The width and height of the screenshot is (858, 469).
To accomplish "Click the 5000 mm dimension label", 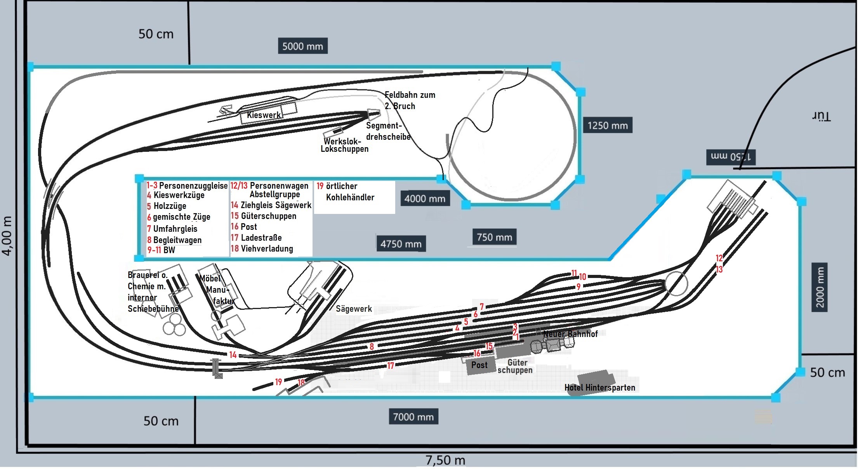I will (x=302, y=46).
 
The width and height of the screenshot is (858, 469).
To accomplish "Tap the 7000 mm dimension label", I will (x=413, y=417).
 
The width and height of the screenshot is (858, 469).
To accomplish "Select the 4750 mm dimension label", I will (x=401, y=244).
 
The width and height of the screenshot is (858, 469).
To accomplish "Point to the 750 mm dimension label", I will (x=494, y=237).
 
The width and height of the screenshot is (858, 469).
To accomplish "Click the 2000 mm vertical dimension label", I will (x=820, y=287).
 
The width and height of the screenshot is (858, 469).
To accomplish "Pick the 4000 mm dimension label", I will (x=425, y=198).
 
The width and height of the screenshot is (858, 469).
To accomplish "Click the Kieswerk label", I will (x=264, y=115).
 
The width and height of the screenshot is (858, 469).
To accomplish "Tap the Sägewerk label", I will (x=354, y=309).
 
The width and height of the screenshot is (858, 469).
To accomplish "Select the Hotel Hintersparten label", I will (x=599, y=387).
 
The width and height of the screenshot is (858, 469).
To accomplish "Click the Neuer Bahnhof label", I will (x=570, y=334).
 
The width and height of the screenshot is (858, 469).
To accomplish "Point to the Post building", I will (x=480, y=365).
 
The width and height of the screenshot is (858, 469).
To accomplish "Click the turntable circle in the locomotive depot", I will (x=676, y=284).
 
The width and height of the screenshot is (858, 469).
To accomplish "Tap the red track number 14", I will (x=233, y=354).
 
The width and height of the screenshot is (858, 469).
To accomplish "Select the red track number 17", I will (x=391, y=365).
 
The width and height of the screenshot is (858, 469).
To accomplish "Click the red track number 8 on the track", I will (x=372, y=346).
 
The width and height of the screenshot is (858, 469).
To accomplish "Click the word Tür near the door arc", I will (x=821, y=116).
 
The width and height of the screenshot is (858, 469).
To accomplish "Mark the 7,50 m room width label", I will (x=445, y=460).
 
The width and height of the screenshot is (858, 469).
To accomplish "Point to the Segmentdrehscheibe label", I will (x=388, y=131).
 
